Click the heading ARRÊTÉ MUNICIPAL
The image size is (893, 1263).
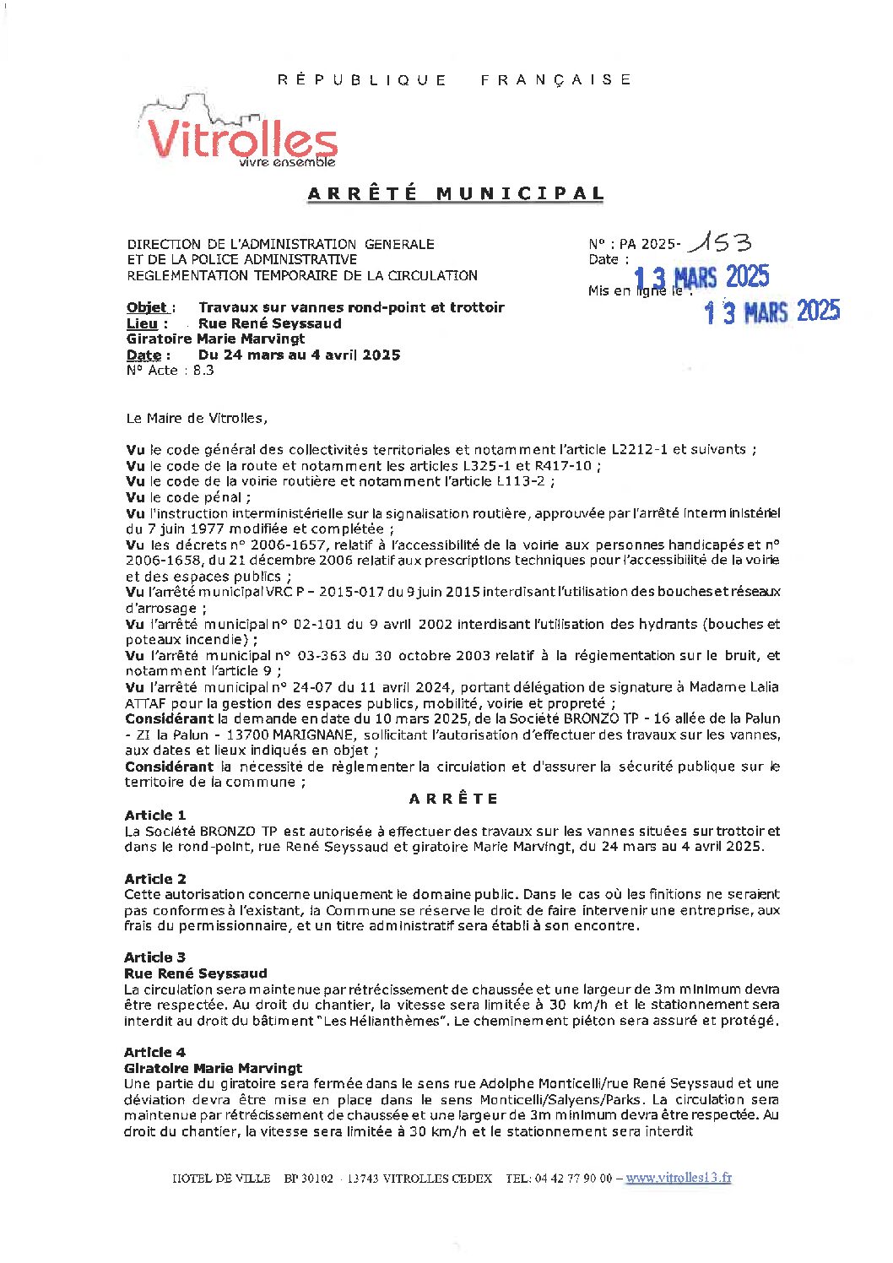(456, 193)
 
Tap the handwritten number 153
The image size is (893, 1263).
(719, 244)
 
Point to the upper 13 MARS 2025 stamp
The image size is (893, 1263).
(701, 277)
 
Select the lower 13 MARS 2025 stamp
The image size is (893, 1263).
(771, 312)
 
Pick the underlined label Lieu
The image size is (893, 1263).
(142, 323)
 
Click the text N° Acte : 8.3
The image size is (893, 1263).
(170, 370)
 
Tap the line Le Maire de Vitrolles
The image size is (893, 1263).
(196, 418)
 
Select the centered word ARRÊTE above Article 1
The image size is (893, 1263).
(453, 799)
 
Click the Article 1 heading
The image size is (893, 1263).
(154, 815)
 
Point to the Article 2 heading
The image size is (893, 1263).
(154, 879)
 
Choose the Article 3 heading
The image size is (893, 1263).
(154, 957)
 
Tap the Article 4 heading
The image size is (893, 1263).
(154, 1052)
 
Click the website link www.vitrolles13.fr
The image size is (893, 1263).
(679, 1178)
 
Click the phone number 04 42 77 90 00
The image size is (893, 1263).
(573, 1178)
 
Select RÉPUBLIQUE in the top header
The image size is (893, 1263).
(362, 80)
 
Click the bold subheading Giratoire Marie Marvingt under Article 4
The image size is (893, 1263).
(213, 1068)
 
